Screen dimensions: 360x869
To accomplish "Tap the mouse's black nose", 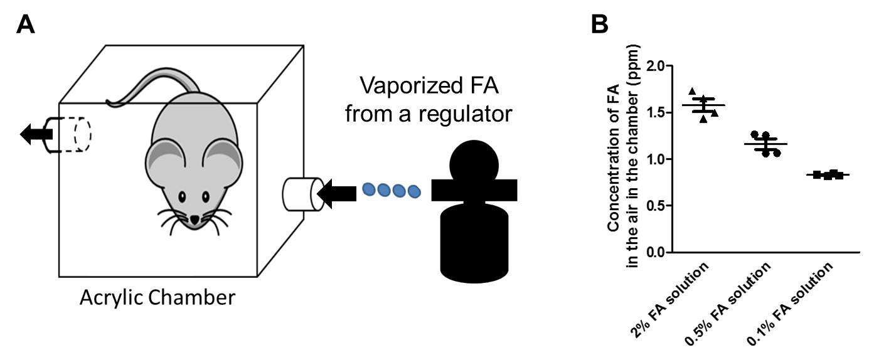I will point(196,219).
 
